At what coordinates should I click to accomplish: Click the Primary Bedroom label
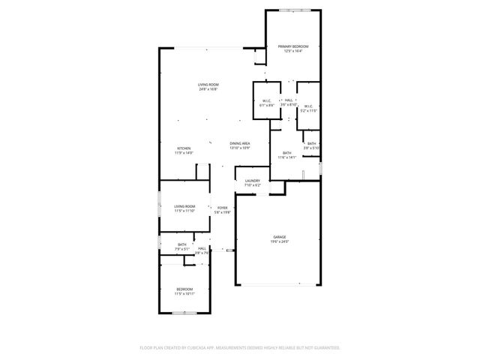pos(293,46)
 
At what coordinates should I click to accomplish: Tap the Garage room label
pos(279,237)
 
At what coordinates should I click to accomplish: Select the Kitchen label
pos(184,148)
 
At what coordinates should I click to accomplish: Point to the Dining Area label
pos(240,143)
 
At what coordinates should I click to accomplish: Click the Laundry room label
pos(252,181)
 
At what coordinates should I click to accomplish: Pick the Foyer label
pos(222,207)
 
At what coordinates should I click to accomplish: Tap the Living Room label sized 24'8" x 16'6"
pos(208,85)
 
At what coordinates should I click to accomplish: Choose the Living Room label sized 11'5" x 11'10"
pos(184,206)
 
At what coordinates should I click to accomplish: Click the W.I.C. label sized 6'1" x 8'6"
pos(267,101)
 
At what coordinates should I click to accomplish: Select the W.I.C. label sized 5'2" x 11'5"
pos(308,106)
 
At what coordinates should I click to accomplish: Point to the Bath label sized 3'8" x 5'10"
pos(311,144)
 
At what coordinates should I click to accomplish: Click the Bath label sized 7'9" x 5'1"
pos(182,244)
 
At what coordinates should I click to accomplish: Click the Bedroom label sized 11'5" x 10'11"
pos(184,289)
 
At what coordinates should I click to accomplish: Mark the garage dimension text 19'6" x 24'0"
pos(279,241)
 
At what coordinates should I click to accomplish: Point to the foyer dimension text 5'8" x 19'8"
pos(222,212)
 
